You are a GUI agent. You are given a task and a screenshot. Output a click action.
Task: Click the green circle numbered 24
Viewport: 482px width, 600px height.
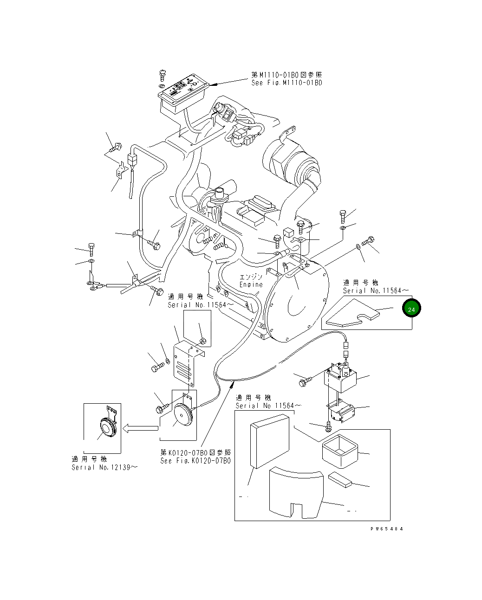point(411,309)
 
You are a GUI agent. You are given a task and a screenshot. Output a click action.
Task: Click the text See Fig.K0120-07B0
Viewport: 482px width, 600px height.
point(195,461)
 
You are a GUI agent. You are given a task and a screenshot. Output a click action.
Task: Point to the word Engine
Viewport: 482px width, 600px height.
point(251,284)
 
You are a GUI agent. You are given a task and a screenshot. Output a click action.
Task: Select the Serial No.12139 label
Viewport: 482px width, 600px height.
point(104,467)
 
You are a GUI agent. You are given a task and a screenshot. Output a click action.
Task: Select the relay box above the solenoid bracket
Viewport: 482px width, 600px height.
point(340,379)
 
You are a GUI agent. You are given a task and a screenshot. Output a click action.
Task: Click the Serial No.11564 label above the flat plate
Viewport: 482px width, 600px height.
point(376,290)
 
